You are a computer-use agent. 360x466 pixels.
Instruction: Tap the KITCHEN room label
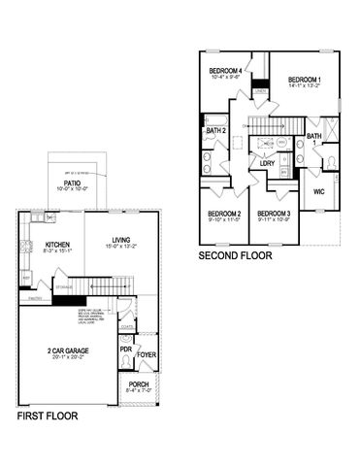coord(56,245)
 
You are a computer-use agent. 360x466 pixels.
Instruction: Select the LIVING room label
coord(121,240)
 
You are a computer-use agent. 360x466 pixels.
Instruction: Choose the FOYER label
coord(146,354)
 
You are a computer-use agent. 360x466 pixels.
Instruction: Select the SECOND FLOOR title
coord(235,258)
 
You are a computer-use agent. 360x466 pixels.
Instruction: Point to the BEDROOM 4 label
coord(225,71)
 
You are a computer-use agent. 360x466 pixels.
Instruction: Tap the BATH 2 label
coord(215,130)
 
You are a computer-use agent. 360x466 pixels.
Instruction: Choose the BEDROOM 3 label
coord(275,214)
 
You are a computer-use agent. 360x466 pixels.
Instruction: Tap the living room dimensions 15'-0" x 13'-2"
coord(121,247)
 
